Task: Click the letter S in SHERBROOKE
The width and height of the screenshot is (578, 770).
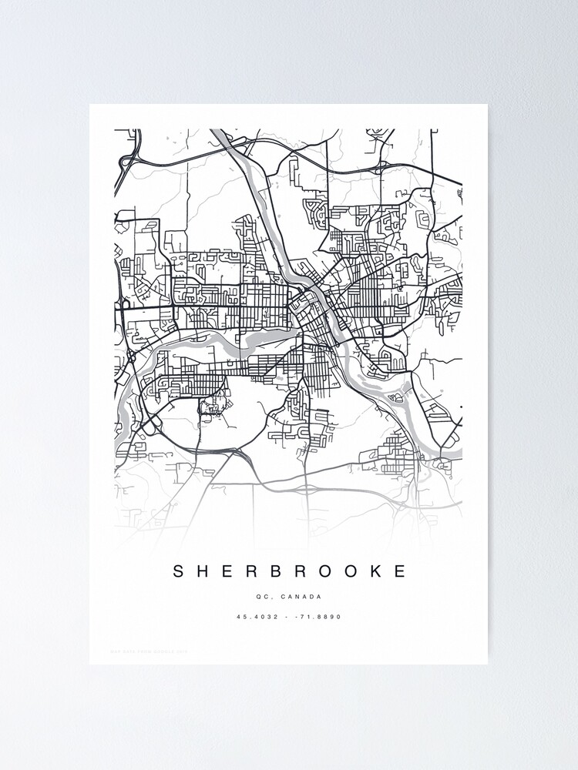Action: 178,571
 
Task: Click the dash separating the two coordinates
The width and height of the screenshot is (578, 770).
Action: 287,617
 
